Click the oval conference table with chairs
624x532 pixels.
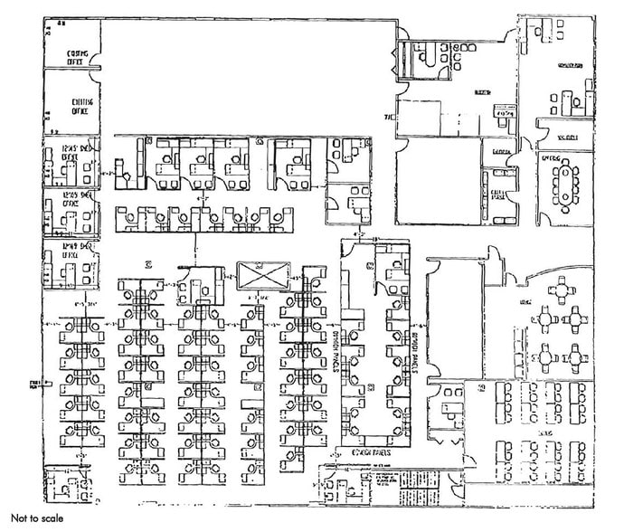(x=568, y=185)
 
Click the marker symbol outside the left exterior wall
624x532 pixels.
(x=31, y=385)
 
